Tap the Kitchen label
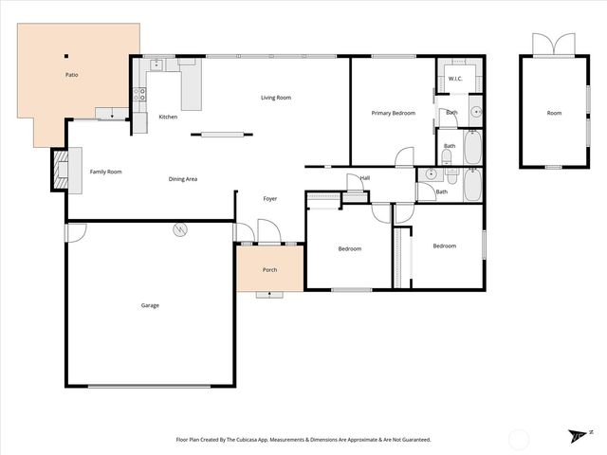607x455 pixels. coord(168,118)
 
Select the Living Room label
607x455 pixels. coord(276,98)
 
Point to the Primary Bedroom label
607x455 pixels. coord(393,113)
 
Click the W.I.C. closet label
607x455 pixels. coord(454,78)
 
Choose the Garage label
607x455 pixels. coord(150,305)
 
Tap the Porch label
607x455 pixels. coord(269,270)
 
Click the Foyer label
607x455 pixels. coord(270,198)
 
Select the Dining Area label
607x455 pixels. coord(182,179)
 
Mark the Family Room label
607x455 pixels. coord(105,172)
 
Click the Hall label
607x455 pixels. coord(364,177)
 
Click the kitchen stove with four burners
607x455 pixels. coord(138,94)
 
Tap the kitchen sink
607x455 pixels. coord(158,64)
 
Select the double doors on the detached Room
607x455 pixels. coord(554,45)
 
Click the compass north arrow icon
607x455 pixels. coord(577,435)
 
